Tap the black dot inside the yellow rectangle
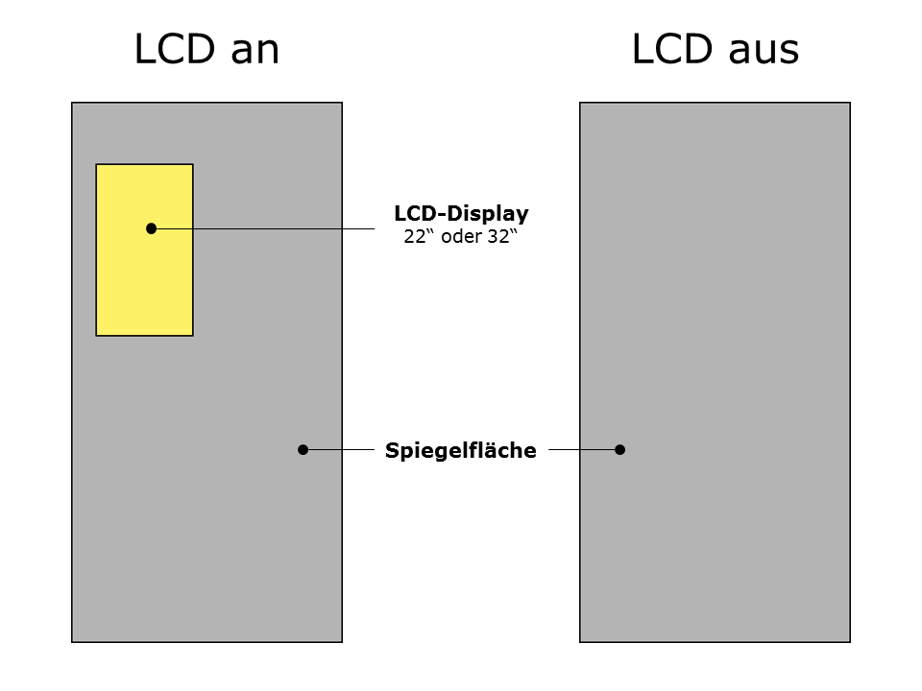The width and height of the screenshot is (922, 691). [151, 228]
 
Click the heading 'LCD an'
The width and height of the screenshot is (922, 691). [206, 50]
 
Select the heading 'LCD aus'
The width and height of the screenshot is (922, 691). [715, 50]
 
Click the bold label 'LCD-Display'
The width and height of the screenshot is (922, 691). [461, 214]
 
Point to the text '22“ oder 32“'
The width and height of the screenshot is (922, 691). [461, 237]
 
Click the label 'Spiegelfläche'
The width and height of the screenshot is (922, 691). [461, 449]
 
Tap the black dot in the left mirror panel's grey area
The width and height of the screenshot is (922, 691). [303, 449]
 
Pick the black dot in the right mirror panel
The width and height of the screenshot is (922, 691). [619, 449]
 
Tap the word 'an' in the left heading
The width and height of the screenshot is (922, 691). [255, 50]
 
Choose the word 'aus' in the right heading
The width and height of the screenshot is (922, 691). [764, 50]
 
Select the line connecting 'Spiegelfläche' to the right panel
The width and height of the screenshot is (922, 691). [582, 449]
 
